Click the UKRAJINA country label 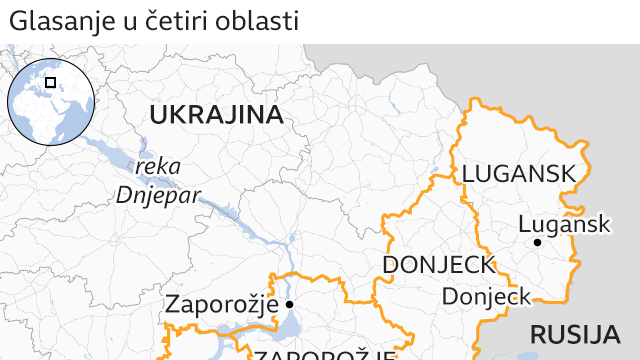point(216,115)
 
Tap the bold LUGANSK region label point(519,174)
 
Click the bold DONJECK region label point(439,265)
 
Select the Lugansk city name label point(565,224)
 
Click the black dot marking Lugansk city point(537,243)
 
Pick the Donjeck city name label point(487,297)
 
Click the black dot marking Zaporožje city point(289,304)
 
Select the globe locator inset point(51,100)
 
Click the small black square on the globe point(51,82)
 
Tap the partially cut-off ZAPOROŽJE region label point(324,354)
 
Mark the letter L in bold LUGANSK point(468,174)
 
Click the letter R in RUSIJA point(537,334)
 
